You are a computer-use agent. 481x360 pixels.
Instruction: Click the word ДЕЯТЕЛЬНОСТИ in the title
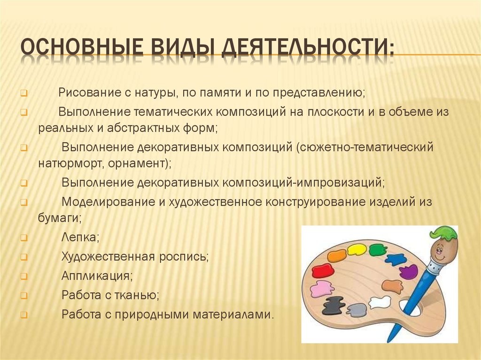pos(307,48)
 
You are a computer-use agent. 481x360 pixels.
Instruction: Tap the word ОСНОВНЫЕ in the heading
pos(82,47)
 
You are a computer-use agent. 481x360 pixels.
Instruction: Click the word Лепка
pos(80,237)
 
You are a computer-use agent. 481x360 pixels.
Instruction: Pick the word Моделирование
pos(109,202)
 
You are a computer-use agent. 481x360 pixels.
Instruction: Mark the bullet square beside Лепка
pos(24,238)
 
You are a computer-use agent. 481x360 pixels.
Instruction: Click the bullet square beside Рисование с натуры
pos(24,93)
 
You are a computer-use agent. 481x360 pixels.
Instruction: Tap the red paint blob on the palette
pos(323,271)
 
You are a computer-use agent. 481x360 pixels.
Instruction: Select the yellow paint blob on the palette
pos(357,250)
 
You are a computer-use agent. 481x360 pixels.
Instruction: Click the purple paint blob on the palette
pos(409,271)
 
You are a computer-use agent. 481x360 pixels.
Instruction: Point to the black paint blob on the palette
pos(334,305)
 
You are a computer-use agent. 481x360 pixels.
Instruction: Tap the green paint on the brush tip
pos(443,232)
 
